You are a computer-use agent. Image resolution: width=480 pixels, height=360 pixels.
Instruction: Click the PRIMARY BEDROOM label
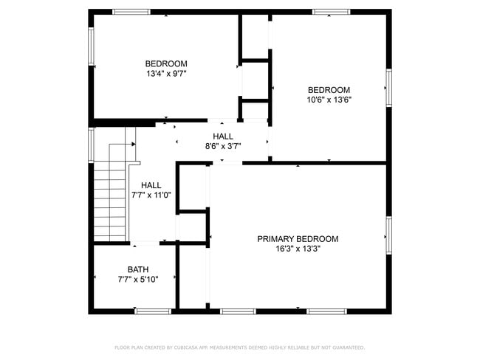coord(298,239)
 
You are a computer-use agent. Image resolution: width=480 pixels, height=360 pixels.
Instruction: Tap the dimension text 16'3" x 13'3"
coord(298,249)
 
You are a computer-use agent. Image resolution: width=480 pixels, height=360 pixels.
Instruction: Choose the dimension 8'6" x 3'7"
coord(223,146)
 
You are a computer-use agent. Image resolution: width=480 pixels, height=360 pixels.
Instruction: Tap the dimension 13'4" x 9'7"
coord(166,74)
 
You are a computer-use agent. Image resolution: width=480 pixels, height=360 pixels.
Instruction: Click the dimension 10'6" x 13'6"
coord(329,100)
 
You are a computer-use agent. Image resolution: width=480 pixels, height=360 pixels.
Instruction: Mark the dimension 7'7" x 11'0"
coord(151,195)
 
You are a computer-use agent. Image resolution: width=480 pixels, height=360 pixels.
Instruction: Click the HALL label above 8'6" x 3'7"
coord(223,136)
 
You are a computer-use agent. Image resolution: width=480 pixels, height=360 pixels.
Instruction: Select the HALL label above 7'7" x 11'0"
coord(151,185)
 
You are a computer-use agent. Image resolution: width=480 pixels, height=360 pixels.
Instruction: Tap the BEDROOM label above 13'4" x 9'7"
coord(166,63)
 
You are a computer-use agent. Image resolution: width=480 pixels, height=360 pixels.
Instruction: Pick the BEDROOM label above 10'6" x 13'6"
coord(329,90)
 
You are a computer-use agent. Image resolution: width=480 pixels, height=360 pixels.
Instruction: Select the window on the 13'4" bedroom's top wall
coord(131,12)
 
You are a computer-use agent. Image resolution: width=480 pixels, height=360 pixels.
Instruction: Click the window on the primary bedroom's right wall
coord(388,235)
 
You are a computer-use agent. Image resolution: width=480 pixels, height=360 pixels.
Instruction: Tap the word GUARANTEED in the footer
coord(347,347)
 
